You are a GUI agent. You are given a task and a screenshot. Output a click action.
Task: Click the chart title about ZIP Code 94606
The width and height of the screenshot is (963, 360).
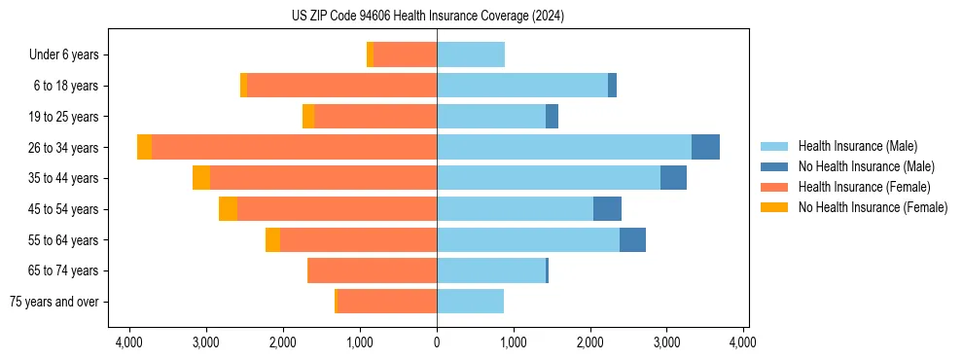click(x=427, y=16)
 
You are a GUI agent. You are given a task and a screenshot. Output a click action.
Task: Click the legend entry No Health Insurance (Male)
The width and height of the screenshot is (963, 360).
click(x=866, y=166)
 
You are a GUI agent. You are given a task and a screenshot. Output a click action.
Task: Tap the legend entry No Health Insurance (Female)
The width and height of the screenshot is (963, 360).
click(x=873, y=207)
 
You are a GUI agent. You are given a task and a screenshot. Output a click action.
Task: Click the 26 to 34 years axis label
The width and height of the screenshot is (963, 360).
click(x=63, y=148)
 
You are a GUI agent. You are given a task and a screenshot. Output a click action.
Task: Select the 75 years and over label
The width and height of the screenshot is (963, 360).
click(x=53, y=302)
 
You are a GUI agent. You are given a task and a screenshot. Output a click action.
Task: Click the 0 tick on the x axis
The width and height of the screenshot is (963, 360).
click(x=437, y=342)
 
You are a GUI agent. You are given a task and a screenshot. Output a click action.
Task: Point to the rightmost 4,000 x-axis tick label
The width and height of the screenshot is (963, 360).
click(x=743, y=342)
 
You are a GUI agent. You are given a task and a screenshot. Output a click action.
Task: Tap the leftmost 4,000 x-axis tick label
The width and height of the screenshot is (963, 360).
click(x=129, y=342)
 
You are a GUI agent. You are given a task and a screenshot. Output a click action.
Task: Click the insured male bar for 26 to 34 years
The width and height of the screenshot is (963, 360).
click(x=564, y=147)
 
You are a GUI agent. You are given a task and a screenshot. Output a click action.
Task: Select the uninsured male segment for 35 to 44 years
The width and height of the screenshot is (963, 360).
click(x=673, y=178)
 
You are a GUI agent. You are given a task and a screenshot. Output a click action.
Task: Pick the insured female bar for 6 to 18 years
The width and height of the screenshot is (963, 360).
click(x=341, y=86)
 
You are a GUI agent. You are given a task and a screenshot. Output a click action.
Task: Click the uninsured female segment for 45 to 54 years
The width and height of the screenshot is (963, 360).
click(x=228, y=209)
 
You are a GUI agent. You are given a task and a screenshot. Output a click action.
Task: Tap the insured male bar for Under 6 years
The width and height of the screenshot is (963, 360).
click(x=471, y=54)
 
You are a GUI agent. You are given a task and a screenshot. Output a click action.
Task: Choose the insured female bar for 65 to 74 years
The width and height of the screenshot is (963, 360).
click(x=372, y=270)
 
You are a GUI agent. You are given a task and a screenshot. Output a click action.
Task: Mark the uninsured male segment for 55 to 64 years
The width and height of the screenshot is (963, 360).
click(x=632, y=240)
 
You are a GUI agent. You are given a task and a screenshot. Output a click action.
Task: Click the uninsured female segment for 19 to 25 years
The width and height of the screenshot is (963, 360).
click(x=308, y=117)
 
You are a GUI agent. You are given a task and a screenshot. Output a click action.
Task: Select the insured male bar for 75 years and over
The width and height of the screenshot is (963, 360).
click(x=470, y=302)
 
